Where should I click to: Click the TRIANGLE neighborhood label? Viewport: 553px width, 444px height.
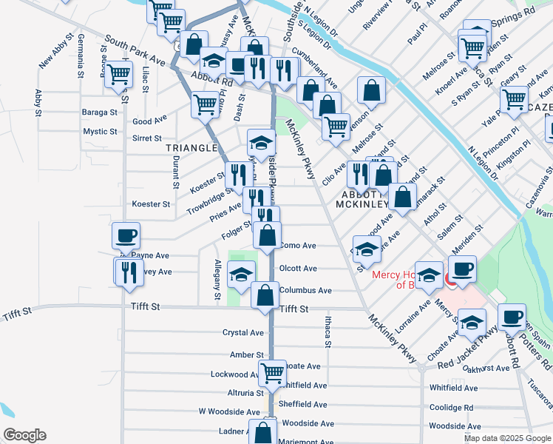pos(191,148)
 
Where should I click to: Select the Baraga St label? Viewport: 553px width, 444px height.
pos(101,112)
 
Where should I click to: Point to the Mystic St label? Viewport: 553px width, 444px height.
pos(101,132)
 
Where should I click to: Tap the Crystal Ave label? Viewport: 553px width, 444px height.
pos(243,333)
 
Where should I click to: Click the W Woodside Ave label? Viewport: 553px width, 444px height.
pos(229,411)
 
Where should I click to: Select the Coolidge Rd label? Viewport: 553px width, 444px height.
pos(451,407)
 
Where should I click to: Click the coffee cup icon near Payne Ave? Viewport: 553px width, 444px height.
pos(126,236)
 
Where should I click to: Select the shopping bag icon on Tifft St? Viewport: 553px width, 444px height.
pos(265,295)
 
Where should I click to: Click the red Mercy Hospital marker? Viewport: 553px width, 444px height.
pos(451,280)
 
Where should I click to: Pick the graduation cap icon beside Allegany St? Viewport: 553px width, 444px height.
pos(240,275)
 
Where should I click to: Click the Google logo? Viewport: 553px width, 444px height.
pos(24,435)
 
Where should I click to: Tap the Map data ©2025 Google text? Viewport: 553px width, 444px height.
pos(506,438)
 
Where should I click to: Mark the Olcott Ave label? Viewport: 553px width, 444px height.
pos(299,269)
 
